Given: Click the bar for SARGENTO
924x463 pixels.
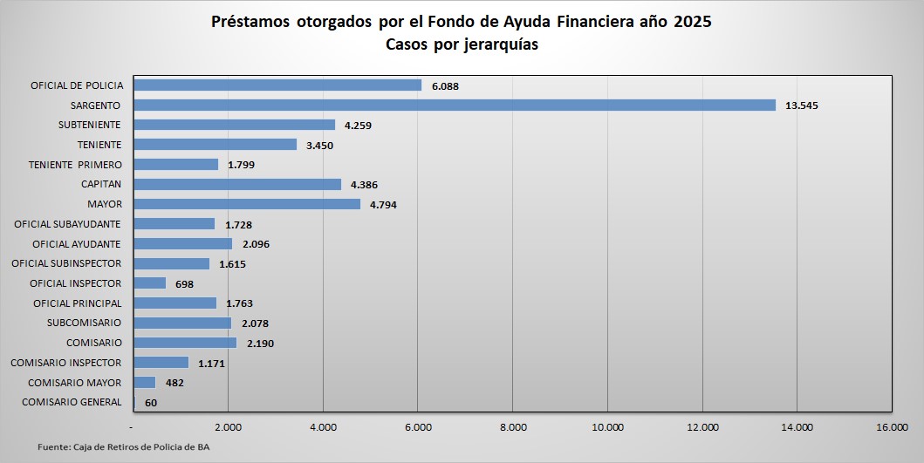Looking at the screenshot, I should [454, 105].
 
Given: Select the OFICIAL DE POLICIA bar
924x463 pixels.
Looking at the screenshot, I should [277, 85].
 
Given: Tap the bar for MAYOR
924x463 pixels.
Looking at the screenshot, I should [247, 204].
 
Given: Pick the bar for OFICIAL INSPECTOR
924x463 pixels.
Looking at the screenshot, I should [149, 283].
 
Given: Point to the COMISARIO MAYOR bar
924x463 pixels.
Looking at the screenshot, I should [144, 383].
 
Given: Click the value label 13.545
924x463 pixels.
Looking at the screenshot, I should [802, 106].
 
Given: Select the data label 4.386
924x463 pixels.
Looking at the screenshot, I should [364, 185].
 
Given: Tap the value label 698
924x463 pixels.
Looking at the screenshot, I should [184, 284].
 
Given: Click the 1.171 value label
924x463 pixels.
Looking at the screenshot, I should [212, 364].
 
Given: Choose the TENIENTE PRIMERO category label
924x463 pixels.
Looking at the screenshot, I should [75, 165].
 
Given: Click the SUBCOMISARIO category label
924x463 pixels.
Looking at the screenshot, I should [84, 323].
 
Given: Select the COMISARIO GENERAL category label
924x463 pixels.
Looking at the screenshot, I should [72, 402].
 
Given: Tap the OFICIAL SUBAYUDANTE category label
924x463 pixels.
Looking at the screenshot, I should [67, 224].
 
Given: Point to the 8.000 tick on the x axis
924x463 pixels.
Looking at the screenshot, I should [513, 427].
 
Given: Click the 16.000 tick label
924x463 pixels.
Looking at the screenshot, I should [892, 427].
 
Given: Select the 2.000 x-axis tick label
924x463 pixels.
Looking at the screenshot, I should [228, 427].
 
